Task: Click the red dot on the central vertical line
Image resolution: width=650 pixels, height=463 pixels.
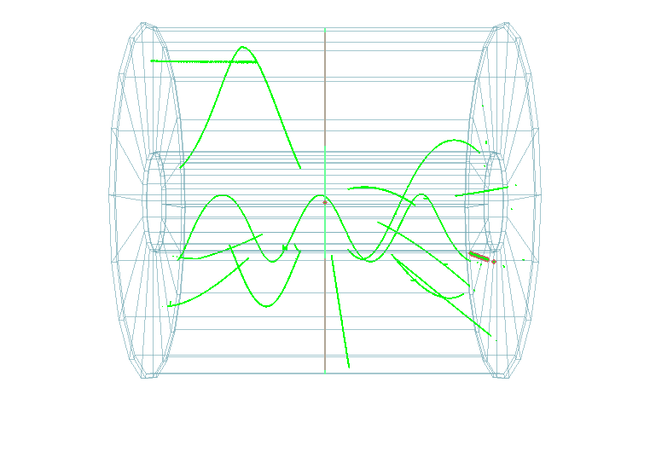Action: point(325,202)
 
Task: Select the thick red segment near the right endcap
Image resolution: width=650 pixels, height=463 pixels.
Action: point(479,256)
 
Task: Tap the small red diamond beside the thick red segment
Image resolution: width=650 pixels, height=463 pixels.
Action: point(494,262)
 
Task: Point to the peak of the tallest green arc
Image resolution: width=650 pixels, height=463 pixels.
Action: point(244,47)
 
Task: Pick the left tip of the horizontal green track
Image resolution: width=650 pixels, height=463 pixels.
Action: point(152,61)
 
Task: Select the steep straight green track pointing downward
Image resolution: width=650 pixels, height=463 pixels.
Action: point(340,310)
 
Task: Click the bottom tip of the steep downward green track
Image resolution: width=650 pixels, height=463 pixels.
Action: point(349,368)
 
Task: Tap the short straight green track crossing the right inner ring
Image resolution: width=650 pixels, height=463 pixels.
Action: point(482,191)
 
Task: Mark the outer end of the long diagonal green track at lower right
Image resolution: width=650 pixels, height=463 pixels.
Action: point(490,335)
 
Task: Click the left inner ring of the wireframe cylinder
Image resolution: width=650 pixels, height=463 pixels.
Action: point(154,202)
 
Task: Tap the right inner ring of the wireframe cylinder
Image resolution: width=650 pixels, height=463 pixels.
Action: point(495,202)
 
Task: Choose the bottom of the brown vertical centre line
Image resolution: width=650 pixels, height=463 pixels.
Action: point(325,372)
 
